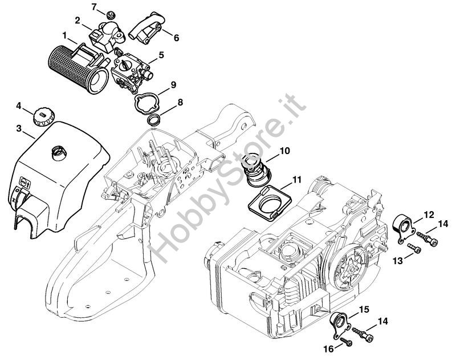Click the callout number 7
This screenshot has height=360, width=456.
click(x=94, y=7)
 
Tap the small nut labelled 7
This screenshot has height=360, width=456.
click(x=110, y=14)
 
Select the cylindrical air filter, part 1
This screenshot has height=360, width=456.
click(x=78, y=69)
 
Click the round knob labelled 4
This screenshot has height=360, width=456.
click(x=44, y=117)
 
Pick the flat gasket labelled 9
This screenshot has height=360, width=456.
click(x=146, y=103)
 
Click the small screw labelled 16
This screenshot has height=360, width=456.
click(x=347, y=342)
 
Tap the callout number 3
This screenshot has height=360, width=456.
click(x=19, y=128)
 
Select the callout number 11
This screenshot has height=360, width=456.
click(x=296, y=180)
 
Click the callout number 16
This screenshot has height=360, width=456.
click(x=329, y=349)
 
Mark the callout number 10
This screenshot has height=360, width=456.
click(x=284, y=151)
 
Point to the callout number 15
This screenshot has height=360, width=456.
click(x=364, y=309)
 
